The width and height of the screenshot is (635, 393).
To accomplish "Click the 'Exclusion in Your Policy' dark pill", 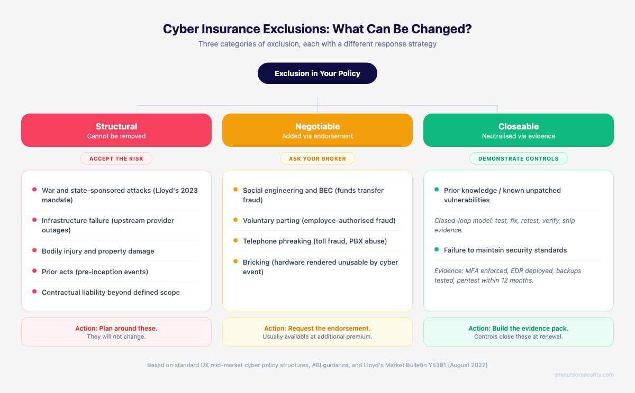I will point(317,73).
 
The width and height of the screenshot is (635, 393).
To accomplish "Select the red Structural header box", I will point(116,130).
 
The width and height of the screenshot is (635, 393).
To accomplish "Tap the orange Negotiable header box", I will point(317,130).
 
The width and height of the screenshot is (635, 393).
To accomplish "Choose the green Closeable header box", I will point(519,130).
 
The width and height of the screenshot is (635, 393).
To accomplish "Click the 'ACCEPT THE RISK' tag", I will point(116,158).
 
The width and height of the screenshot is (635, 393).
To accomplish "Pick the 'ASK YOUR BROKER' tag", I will point(317,158).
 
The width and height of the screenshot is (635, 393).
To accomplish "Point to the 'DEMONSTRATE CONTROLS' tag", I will point(519,158).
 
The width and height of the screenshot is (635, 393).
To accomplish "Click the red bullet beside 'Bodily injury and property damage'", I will point(34,251).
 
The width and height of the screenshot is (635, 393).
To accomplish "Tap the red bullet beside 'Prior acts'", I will point(34,272).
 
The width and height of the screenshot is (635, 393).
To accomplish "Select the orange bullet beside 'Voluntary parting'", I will point(235,220).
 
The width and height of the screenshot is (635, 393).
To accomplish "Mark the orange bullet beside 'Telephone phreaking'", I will point(235,241).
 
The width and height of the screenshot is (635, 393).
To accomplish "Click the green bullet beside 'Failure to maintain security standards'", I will point(437,250).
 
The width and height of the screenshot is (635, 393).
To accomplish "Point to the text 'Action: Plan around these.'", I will point(116,329).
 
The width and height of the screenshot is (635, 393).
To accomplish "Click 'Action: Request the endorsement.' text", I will point(317,329).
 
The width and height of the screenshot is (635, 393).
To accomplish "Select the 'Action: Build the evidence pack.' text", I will point(519,329).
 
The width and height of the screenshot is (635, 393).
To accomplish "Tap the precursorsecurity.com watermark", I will point(585,375).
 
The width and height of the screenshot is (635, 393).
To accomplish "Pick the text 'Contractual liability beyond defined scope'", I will point(111,292).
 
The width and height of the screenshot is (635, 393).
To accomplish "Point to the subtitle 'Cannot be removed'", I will point(116,136).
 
